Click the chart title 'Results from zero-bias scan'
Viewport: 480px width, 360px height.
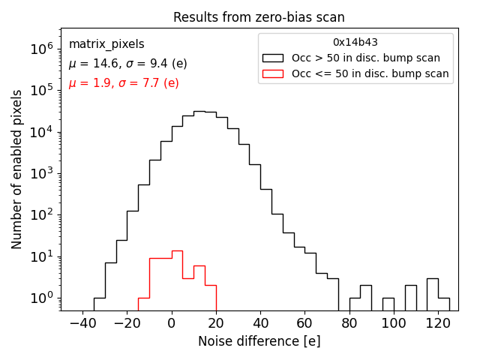[259, 17]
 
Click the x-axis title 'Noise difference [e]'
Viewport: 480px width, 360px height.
[259, 341]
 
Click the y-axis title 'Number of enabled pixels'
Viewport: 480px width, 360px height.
[17, 169]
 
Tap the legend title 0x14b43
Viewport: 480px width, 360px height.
[355, 42]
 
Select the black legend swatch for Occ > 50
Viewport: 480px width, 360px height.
[274, 58]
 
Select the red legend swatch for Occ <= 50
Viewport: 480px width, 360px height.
[274, 73]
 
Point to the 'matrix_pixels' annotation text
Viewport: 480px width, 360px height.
[106, 44]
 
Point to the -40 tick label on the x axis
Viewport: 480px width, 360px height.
[82, 322]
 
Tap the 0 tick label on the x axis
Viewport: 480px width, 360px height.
[172, 322]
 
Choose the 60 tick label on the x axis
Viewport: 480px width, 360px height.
[304, 322]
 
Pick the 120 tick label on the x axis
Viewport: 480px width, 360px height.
[437, 322]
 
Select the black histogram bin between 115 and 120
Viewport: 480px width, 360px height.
[432, 294]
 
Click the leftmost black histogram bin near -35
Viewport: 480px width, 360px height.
[99, 304]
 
